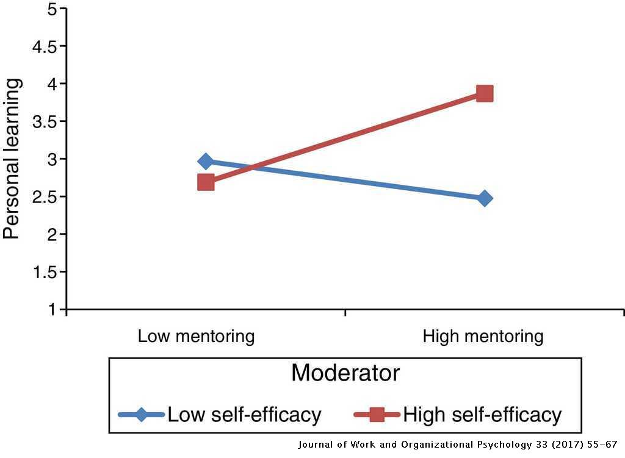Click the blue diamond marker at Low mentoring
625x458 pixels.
click(x=206, y=162)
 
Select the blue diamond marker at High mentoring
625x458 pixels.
click(x=485, y=198)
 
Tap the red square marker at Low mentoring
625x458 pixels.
click(x=206, y=182)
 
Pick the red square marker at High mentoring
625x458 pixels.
click(x=485, y=93)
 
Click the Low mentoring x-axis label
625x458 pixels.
click(x=196, y=336)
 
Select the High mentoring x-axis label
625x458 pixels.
click(x=483, y=336)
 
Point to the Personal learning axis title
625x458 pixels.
click(x=13, y=159)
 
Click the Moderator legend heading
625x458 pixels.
click(x=345, y=373)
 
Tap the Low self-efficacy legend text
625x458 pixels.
click(x=244, y=415)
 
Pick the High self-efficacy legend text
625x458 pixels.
click(x=482, y=415)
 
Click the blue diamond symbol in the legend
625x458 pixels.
click(x=142, y=415)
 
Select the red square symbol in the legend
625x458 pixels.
click(x=377, y=415)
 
